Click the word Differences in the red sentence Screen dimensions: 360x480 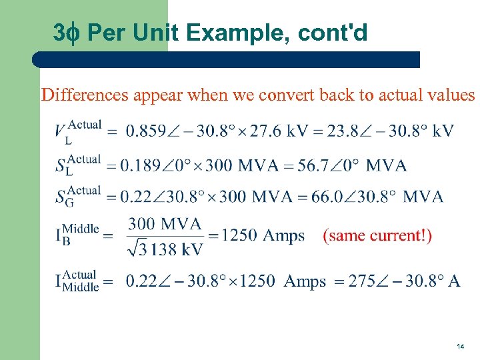(85, 95)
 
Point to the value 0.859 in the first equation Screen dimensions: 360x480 (147, 131)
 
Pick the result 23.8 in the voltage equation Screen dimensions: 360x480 (341, 131)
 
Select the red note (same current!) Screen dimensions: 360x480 (377, 236)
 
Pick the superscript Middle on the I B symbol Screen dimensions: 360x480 (81, 229)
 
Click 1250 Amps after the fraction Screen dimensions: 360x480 (263, 236)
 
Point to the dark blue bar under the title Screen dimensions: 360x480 (227, 59)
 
